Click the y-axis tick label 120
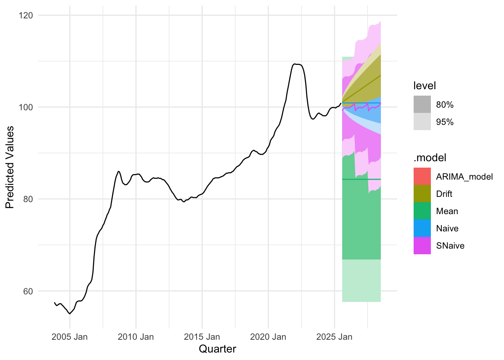(25, 15)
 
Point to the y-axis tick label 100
(25, 107)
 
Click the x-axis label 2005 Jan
(69, 337)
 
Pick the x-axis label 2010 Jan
(136, 337)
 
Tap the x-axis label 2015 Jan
(202, 337)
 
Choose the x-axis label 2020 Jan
(268, 337)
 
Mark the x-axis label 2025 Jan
(334, 337)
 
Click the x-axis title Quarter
(217, 349)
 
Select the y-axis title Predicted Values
(10, 167)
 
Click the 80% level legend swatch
(422, 105)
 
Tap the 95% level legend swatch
(422, 122)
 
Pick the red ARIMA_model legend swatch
(422, 177)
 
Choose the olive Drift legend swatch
(422, 194)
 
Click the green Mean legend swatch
(422, 211)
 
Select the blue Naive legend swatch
(422, 228)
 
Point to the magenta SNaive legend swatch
(422, 246)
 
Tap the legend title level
(424, 86)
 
